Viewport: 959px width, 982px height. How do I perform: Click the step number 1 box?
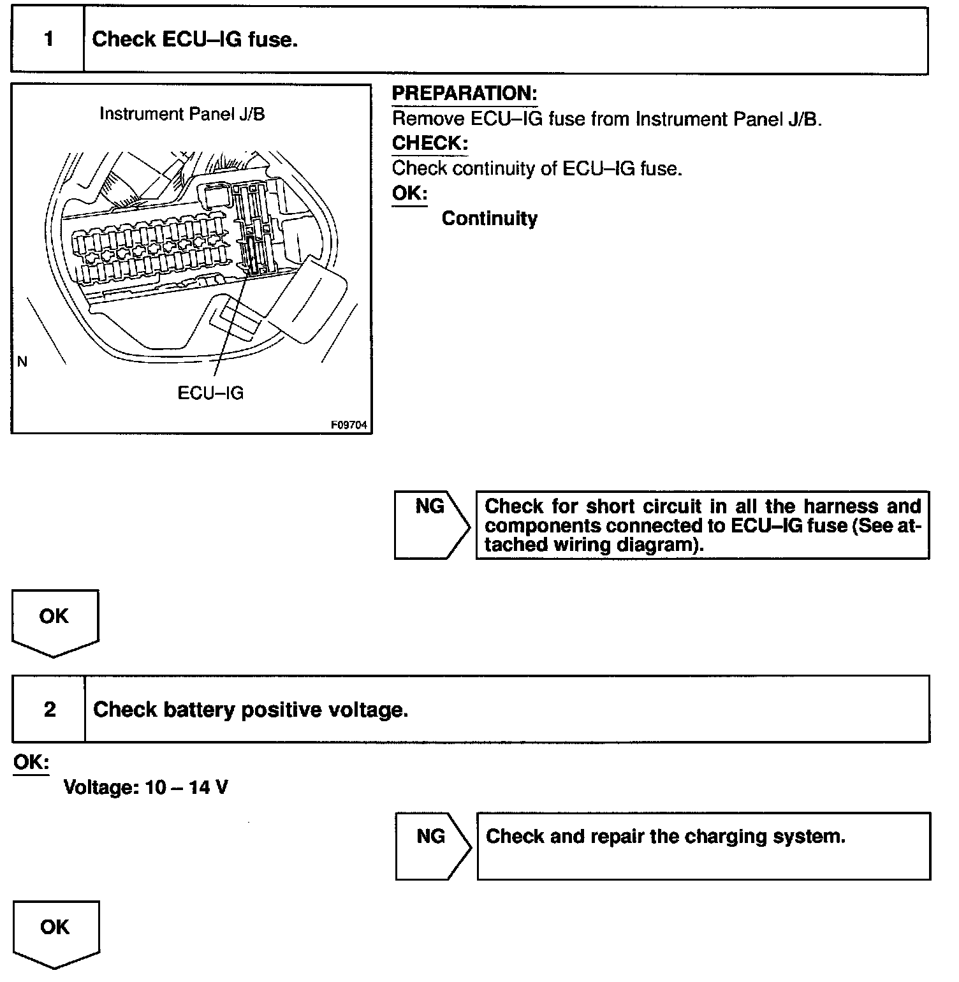tap(48, 40)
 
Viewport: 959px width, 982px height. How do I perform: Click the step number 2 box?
tap(49, 709)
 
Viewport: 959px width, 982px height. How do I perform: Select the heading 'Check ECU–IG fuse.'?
tap(194, 40)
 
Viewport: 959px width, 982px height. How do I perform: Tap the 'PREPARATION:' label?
tap(464, 94)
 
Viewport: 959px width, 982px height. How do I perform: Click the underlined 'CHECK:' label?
tap(430, 143)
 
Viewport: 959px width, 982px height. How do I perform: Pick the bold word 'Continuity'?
tap(489, 219)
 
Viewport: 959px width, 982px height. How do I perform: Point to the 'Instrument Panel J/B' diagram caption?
tap(182, 114)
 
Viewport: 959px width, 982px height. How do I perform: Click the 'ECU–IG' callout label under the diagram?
tap(210, 393)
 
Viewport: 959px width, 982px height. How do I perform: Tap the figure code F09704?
tap(349, 425)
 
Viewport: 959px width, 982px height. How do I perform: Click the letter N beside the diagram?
tap(23, 362)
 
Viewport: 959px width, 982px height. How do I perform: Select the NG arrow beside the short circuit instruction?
tap(431, 524)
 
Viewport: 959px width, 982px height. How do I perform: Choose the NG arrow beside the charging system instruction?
tap(432, 846)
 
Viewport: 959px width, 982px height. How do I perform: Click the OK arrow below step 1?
tap(55, 621)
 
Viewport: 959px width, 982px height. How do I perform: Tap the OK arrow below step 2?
tap(55, 932)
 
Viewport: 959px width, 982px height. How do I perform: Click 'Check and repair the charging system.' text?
tap(665, 837)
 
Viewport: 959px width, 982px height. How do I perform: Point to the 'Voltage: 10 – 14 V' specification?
tap(145, 788)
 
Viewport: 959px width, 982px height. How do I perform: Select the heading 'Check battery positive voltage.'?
tap(251, 710)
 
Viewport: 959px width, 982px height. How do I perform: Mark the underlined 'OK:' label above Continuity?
tap(409, 193)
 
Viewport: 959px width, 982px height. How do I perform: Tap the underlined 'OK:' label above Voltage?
tap(31, 762)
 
